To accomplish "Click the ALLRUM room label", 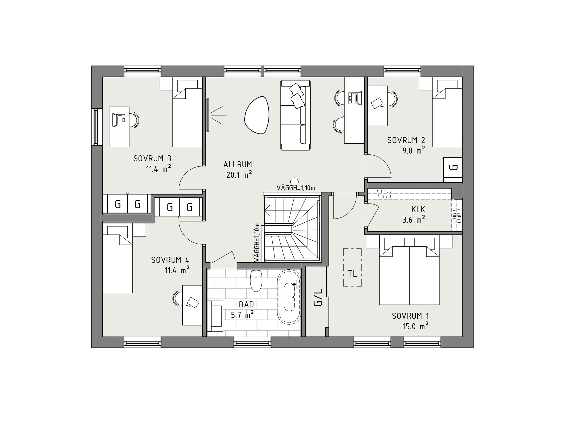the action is pos(238,164).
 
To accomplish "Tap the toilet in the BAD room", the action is pos(256,280).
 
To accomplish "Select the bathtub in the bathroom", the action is pos(289,297).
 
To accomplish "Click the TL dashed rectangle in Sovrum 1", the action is pos(352,267).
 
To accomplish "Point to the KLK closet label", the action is pos(418,209).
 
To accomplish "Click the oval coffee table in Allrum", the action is pos(257,115).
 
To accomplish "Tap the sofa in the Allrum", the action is pos(295,115).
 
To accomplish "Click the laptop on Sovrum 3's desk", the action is pos(118,120).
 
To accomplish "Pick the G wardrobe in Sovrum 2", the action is pos(453,170).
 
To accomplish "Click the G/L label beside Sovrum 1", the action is pos(318,298).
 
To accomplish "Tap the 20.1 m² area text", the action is pos(239,174).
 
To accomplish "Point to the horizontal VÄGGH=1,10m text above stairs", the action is pos(296,188).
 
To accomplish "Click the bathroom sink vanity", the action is pos(215,316).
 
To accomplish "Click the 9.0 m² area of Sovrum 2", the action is pos(413,150).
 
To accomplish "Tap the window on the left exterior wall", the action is pos(96,127).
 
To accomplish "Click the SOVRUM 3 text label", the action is pos(152,158).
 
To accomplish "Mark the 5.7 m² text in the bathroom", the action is pos(242,315).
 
